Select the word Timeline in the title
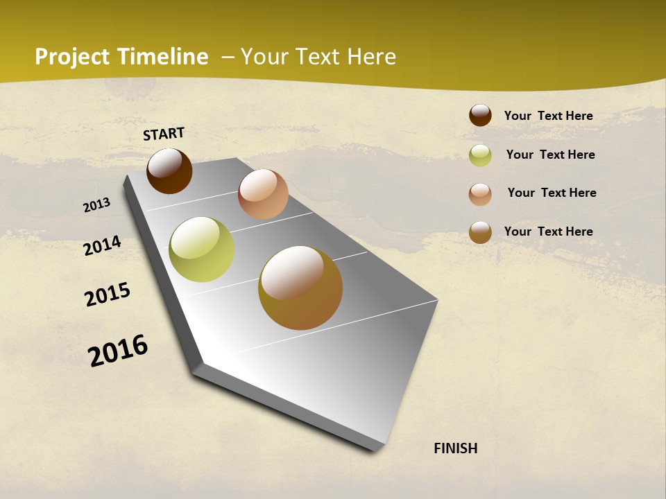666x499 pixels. click(x=163, y=57)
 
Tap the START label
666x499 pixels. click(x=164, y=134)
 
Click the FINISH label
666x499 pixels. click(x=455, y=448)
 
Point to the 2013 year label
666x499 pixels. click(x=96, y=204)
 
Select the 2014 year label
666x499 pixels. click(x=102, y=245)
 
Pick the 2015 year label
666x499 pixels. click(x=108, y=295)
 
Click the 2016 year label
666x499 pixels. click(x=118, y=350)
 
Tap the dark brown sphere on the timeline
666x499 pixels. click(x=169, y=170)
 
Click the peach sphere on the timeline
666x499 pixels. click(x=263, y=194)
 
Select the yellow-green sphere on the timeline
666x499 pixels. click(x=201, y=249)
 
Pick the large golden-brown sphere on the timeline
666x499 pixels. click(x=300, y=288)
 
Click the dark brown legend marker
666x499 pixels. click(x=480, y=115)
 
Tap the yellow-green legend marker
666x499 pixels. click(x=480, y=155)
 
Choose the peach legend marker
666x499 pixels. click(x=480, y=194)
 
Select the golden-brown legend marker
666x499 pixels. click(x=480, y=232)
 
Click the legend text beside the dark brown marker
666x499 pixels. click(x=548, y=116)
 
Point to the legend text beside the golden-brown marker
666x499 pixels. click(x=548, y=231)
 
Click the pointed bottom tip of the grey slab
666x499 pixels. click(x=375, y=449)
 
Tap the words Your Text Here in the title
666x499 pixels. click(x=318, y=57)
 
